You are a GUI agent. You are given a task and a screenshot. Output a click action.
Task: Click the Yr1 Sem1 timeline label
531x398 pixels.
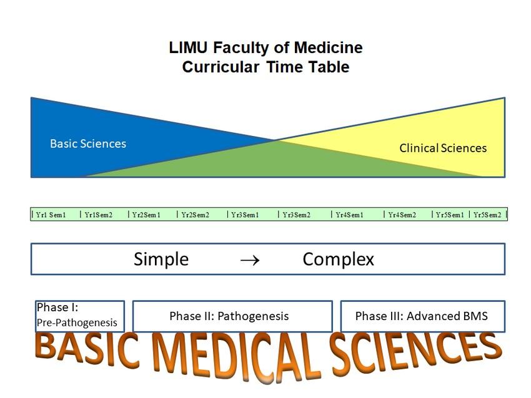[x=51, y=215]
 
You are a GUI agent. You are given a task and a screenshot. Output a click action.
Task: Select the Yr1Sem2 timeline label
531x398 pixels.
[x=98, y=215]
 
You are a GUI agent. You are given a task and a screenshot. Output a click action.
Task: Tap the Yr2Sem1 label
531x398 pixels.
[x=146, y=215]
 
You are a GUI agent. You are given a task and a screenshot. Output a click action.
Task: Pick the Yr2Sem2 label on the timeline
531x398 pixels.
[x=195, y=215]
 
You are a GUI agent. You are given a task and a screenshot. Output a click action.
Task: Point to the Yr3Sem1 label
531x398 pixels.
[x=245, y=215]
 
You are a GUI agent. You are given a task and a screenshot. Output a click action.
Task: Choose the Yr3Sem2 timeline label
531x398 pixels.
[x=296, y=215]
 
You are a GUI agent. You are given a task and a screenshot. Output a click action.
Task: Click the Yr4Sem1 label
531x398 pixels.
[x=349, y=215]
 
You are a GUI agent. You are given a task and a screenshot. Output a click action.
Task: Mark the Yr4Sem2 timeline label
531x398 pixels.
[x=402, y=215]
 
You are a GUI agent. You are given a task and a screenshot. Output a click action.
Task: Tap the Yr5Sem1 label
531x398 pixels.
[x=450, y=215]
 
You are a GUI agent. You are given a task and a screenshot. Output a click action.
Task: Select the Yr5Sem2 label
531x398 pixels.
[x=487, y=215]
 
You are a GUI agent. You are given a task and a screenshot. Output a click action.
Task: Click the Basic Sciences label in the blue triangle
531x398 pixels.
[x=88, y=144]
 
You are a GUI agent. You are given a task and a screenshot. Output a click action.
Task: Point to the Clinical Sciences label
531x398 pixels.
[x=443, y=148]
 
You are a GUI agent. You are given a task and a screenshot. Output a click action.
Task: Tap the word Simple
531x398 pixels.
[x=161, y=260]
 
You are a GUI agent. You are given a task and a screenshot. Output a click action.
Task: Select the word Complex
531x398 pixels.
[x=338, y=260]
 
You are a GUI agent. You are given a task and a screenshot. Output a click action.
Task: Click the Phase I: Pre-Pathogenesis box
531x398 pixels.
[x=79, y=316]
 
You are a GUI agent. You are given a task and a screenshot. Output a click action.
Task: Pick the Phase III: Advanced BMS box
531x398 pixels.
[x=422, y=316]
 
